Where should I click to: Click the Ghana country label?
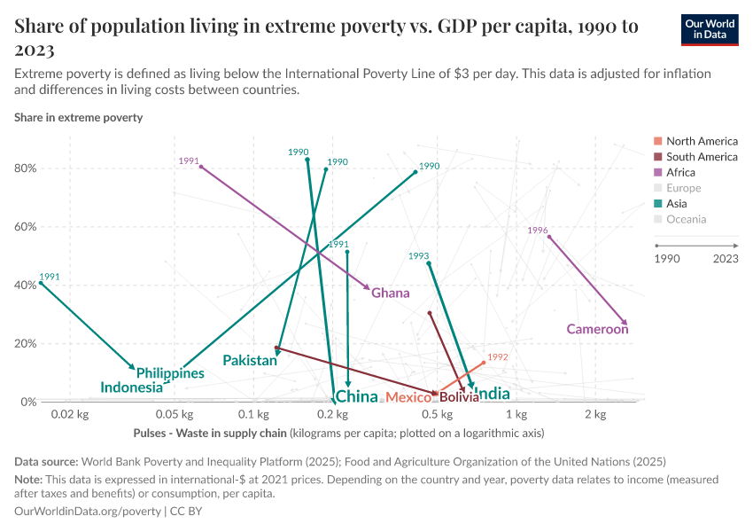391,293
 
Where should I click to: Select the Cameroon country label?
597,330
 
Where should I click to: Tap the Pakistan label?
249,361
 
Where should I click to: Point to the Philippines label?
170,373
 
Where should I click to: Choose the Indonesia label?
131,387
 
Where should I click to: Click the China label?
357,396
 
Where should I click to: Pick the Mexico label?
408,398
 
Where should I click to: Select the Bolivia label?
459,398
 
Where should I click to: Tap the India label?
493,394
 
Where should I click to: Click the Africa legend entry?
680,173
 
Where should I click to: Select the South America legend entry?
702,157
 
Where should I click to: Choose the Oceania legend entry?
686,219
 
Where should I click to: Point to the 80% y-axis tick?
26,168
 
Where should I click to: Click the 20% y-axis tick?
26,344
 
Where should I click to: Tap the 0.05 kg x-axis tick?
175,415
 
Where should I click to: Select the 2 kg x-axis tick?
595,415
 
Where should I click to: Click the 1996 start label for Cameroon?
538,231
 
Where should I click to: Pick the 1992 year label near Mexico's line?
498,357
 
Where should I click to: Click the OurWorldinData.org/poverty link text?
88,512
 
